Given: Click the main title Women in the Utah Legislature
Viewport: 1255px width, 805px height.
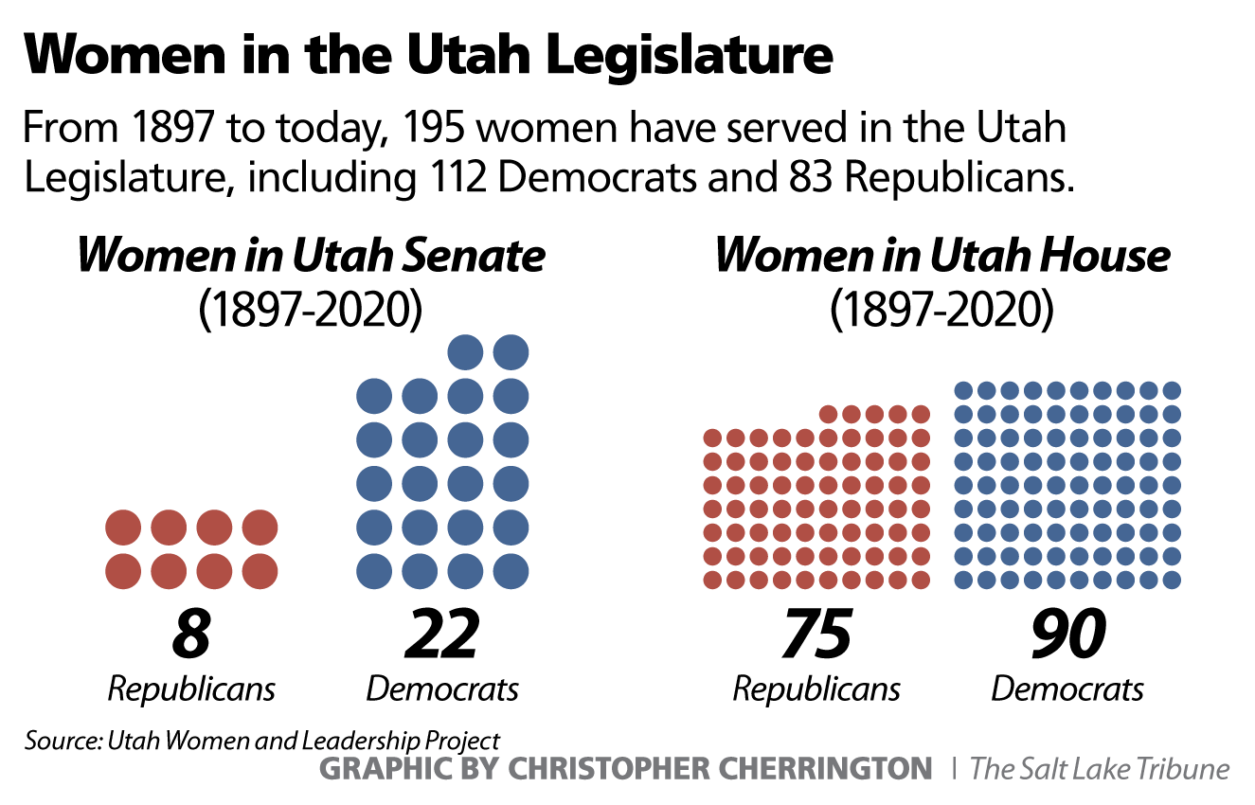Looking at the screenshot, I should coord(427,56).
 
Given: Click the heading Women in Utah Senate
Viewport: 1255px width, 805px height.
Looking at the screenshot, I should coord(311,256).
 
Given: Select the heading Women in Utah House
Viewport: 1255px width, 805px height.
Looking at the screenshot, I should coord(942,256).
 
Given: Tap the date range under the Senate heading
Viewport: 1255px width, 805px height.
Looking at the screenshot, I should coord(311,310).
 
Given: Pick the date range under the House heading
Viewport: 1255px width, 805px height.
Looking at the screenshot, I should coord(942,310).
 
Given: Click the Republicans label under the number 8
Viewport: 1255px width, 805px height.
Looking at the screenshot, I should coord(191,689).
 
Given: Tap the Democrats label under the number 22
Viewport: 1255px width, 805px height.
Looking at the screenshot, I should coord(442,689).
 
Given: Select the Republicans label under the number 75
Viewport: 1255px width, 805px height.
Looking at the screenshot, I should coord(816,689).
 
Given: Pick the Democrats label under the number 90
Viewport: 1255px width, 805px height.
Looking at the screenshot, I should coord(1067,689).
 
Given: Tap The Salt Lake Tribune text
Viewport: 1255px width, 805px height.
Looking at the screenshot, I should coord(1100,768).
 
